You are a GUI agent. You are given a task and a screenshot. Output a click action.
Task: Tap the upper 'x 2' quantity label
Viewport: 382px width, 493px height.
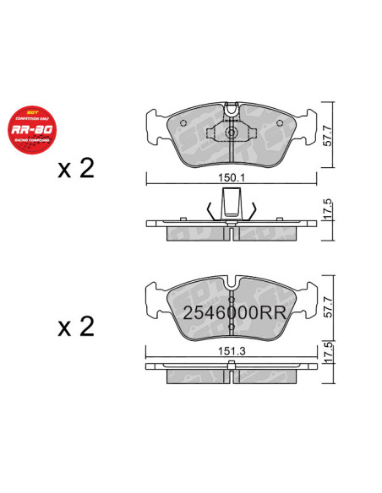pos(76,169)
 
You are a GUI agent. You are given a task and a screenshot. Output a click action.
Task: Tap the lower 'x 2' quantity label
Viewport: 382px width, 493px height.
pos(76,325)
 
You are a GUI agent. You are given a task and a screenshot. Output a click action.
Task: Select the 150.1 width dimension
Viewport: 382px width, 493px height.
pos(231,179)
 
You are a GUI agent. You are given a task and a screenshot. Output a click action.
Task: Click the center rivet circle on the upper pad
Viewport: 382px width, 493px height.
pos(231,133)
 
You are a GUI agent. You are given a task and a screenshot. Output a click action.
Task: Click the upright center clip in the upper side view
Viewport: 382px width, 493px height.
pos(231,205)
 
